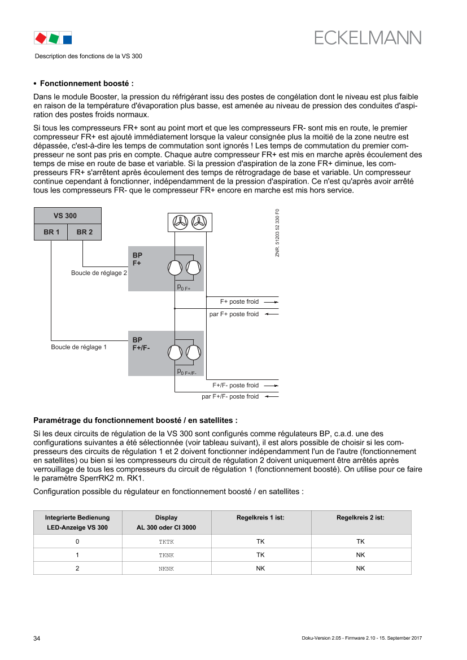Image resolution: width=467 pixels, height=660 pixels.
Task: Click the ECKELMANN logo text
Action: [x=368, y=37]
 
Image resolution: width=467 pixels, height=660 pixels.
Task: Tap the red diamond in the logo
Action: [x=41, y=38]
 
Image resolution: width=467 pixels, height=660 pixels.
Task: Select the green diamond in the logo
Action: [x=54, y=38]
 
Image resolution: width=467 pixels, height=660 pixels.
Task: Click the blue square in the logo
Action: [x=67, y=39]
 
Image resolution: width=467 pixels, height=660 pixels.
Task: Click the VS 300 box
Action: [x=68, y=216]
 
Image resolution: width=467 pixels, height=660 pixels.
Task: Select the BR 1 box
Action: [x=51, y=232]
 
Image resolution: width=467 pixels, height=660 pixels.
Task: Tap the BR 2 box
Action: [x=85, y=232]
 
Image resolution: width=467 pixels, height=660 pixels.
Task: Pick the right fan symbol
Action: [x=199, y=222]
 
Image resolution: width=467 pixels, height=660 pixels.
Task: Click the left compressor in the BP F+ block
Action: [x=175, y=268]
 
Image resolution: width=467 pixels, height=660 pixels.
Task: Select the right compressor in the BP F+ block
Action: [x=194, y=268]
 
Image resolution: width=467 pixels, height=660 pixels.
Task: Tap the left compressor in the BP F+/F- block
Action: [x=175, y=352]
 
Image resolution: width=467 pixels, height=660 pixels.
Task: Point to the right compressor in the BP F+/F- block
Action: [x=194, y=352]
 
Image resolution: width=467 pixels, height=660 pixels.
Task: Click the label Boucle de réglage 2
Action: [x=99, y=273]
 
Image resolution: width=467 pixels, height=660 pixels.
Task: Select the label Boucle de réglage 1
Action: [x=78, y=347]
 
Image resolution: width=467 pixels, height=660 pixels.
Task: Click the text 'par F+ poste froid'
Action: [x=234, y=314]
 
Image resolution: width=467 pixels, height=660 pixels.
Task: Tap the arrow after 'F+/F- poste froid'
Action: [x=272, y=386]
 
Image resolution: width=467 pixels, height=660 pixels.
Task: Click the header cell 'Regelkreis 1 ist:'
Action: [x=261, y=517]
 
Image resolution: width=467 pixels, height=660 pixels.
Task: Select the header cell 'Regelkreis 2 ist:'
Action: [x=360, y=517]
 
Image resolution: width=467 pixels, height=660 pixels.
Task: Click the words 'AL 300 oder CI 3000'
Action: [x=167, y=528]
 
